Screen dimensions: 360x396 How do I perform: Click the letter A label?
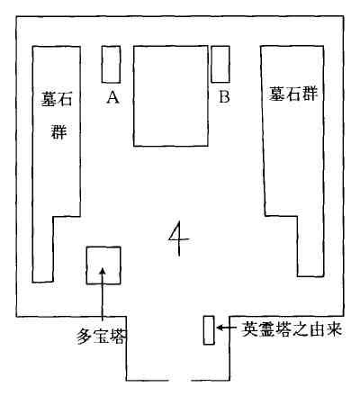(112, 97)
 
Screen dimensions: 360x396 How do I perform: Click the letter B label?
(224, 96)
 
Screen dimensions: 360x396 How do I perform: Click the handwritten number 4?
(179, 238)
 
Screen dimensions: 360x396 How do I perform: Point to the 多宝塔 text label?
(101, 336)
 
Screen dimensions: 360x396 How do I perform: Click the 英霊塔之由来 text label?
(292, 329)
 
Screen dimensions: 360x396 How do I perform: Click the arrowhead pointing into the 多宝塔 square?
(103, 271)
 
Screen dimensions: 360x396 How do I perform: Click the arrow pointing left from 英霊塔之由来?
(226, 328)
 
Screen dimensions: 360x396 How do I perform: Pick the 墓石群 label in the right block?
(292, 94)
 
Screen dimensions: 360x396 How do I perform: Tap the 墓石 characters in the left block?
(57, 99)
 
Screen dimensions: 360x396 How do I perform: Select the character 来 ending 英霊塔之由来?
(334, 329)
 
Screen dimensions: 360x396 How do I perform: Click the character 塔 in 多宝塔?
(118, 336)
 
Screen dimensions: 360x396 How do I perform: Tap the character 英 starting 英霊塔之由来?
(250, 329)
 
